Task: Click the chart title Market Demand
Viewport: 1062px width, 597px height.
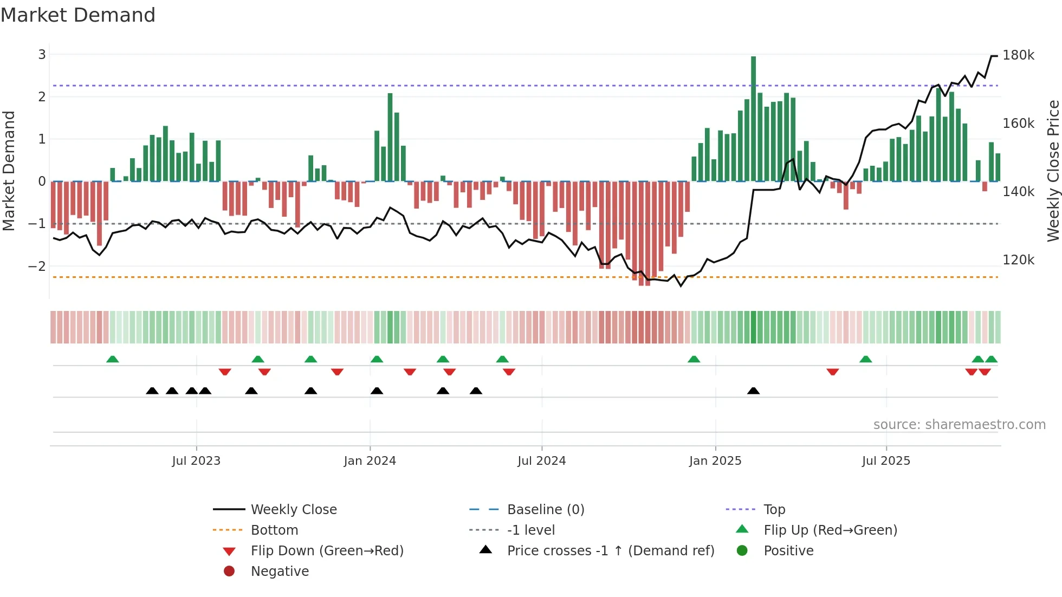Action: click(78, 15)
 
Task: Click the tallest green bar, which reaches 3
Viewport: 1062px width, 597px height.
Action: click(753, 119)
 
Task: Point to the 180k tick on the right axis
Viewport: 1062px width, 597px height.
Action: click(1018, 55)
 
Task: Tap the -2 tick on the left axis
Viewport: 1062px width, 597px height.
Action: click(37, 266)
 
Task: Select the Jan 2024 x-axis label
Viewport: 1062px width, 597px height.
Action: click(370, 461)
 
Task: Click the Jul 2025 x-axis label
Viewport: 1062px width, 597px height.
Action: click(886, 461)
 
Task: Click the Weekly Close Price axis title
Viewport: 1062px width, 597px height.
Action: click(1053, 171)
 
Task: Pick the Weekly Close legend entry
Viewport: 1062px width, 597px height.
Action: click(293, 510)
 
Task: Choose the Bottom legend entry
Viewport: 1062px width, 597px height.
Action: click(274, 530)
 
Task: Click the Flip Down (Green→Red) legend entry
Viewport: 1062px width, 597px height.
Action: click(327, 551)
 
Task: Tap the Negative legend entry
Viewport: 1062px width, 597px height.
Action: click(280, 572)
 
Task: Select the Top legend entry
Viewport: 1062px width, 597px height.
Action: click(774, 510)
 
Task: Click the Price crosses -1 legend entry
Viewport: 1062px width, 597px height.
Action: click(610, 551)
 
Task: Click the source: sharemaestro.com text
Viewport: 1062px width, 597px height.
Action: click(959, 425)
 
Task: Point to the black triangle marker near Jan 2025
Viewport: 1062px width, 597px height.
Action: click(753, 391)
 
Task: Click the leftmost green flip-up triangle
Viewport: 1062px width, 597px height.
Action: click(113, 359)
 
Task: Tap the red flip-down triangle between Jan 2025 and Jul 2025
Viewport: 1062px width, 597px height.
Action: click(833, 372)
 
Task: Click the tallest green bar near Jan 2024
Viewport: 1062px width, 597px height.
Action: click(390, 138)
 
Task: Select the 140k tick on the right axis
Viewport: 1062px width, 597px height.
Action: click(1018, 192)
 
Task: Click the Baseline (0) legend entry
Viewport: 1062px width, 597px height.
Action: click(545, 510)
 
